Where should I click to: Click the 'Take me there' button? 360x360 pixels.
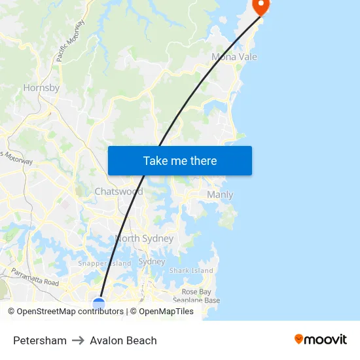click(180, 160)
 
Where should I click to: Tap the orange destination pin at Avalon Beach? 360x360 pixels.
click(261, 6)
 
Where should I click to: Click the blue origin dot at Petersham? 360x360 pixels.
click(99, 304)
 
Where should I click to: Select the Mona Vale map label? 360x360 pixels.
click(234, 57)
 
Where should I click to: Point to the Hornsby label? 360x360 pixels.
click(41, 88)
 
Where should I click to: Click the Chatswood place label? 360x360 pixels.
click(118, 192)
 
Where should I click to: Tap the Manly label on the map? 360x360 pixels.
click(220, 195)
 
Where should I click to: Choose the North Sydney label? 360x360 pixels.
click(144, 239)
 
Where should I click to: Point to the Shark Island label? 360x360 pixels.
click(191, 270)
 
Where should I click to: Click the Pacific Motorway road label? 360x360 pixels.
click(70, 41)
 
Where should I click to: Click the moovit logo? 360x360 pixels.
click(321, 340)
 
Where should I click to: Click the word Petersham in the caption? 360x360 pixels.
click(40, 340)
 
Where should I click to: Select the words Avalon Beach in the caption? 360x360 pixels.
click(124, 340)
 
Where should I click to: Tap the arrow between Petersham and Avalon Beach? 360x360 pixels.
click(79, 340)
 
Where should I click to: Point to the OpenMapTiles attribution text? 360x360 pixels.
click(166, 312)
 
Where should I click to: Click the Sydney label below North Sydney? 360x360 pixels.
click(152, 262)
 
